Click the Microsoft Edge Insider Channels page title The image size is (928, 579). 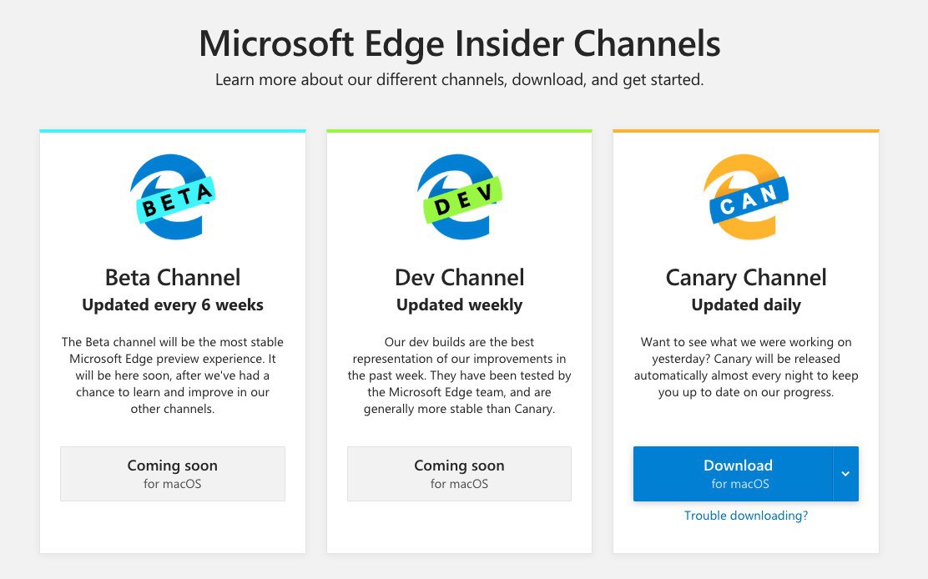[459, 43]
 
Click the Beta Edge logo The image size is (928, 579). [172, 197]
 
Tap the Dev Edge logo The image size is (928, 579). [459, 197]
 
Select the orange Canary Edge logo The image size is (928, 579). [746, 197]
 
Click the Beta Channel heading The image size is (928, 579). [173, 277]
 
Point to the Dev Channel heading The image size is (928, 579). [459, 277]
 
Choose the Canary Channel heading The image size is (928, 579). [746, 278]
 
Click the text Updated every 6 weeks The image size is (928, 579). [173, 305]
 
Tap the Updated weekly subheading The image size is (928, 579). [459, 305]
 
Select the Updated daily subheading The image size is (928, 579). [746, 305]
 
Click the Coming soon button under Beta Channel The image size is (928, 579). [173, 474]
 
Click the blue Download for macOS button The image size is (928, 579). [733, 474]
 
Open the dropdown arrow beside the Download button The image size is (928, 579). [845, 474]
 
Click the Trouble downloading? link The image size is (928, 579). [746, 516]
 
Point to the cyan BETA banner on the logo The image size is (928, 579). [176, 199]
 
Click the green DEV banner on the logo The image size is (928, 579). [463, 199]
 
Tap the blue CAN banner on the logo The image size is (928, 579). [749, 199]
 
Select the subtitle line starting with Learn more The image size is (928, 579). [459, 80]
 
